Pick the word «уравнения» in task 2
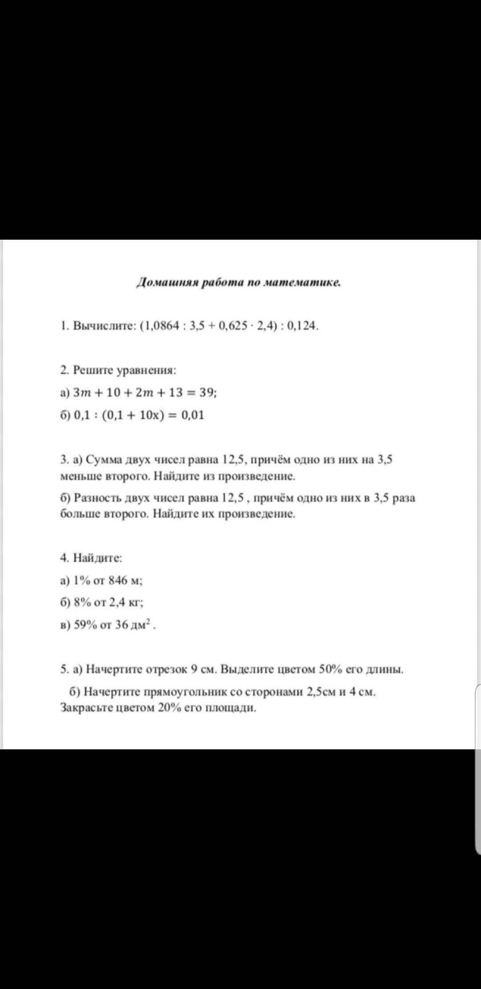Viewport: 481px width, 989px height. [x=147, y=370]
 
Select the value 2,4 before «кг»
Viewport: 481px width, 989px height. [x=118, y=602]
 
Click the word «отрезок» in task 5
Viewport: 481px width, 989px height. [x=165, y=669]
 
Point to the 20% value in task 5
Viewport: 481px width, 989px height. [x=167, y=708]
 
